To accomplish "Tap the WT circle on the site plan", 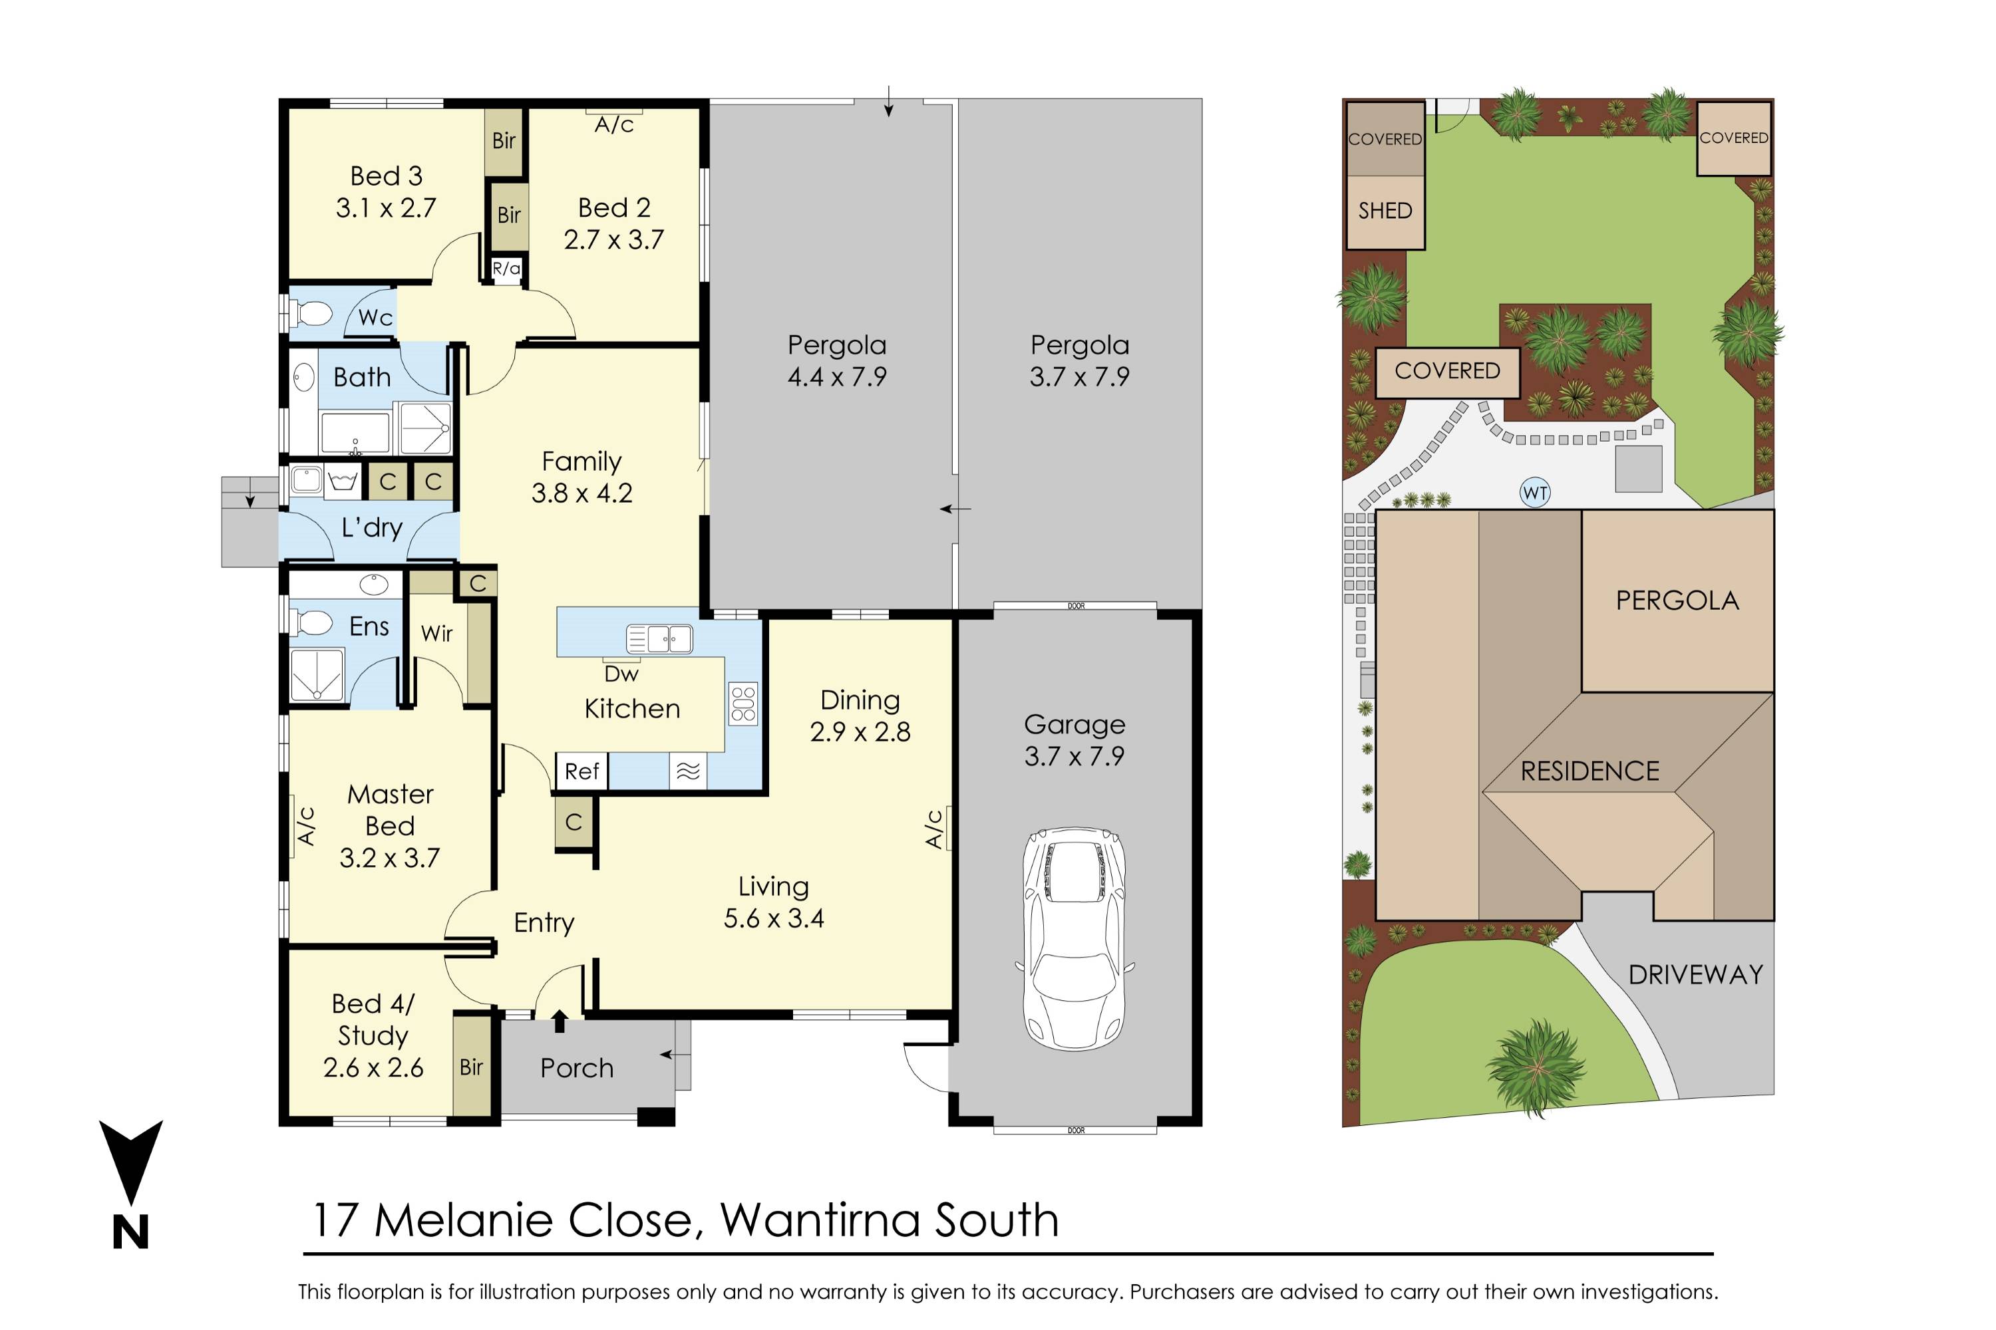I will (x=1535, y=493).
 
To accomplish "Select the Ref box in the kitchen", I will (x=582, y=771).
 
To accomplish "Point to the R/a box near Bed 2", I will (x=506, y=269).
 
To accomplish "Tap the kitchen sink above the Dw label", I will (x=659, y=638).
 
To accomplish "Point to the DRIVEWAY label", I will (x=1695, y=975).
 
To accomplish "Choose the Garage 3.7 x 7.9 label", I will (x=1075, y=739).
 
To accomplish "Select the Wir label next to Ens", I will (x=436, y=634).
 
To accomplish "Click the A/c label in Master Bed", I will (x=306, y=825).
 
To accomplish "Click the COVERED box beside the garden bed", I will (x=1447, y=372).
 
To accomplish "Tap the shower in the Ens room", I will (x=317, y=674).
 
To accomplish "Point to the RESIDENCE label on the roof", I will (x=1589, y=771).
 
